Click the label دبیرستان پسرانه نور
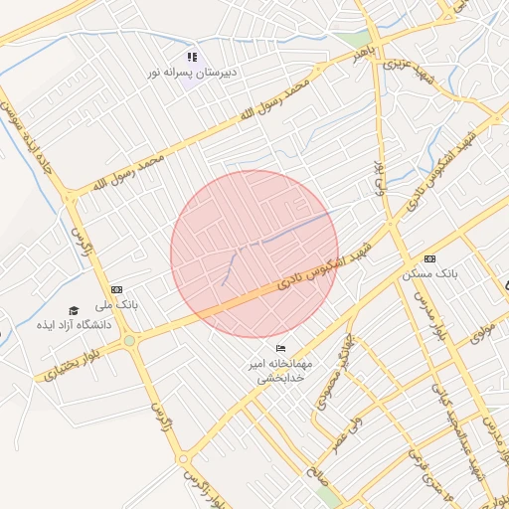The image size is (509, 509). pyautogui.click(x=191, y=74)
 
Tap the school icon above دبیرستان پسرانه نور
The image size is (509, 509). pyautogui.click(x=192, y=58)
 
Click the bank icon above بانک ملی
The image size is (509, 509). pyautogui.click(x=116, y=289)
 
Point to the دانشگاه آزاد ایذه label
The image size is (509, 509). pyautogui.click(x=74, y=325)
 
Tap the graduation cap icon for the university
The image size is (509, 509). pyautogui.click(x=74, y=310)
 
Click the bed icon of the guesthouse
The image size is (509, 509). pyautogui.click(x=280, y=349)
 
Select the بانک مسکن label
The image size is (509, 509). pyautogui.click(x=428, y=272)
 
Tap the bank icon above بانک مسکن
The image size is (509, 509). pyautogui.click(x=429, y=257)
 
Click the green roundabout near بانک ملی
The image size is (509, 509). pyautogui.click(x=129, y=342)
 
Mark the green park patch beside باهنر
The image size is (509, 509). pyautogui.click(x=350, y=39)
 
